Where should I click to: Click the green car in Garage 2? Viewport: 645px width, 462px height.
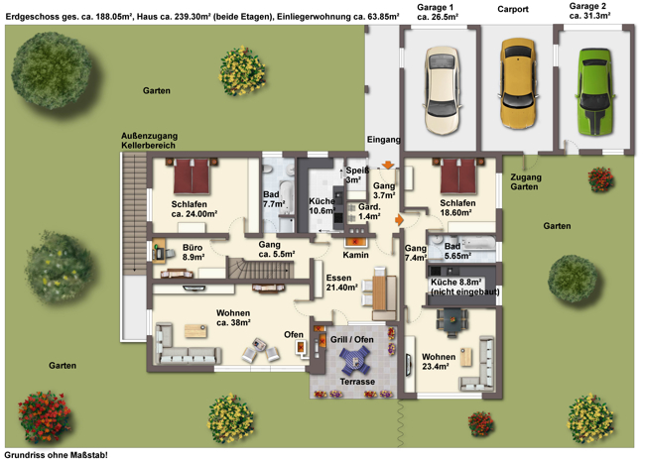[594, 91]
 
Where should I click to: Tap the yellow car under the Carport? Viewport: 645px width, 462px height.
[518, 83]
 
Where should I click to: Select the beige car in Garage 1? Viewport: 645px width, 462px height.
[443, 90]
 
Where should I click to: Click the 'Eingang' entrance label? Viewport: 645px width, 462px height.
[383, 140]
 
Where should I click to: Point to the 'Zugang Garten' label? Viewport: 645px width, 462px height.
[526, 181]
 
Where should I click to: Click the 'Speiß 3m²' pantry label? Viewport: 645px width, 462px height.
[356, 175]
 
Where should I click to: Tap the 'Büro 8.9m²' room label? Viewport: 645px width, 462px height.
[193, 253]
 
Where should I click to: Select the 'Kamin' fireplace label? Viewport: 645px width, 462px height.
[355, 255]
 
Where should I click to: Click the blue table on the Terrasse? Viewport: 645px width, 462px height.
[354, 360]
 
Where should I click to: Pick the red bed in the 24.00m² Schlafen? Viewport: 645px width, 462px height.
[192, 175]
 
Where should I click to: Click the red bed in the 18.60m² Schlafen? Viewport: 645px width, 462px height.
[458, 175]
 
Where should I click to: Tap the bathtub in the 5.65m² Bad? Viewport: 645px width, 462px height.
[478, 242]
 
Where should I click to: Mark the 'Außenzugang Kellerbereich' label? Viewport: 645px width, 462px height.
[149, 141]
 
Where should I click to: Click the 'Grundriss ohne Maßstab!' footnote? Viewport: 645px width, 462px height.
[57, 455]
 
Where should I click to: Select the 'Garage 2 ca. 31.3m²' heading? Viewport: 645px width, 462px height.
[589, 11]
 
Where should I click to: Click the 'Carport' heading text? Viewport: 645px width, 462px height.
[513, 9]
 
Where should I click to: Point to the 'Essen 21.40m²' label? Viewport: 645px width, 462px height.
[341, 283]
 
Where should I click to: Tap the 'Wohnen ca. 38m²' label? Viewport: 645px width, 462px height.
[233, 318]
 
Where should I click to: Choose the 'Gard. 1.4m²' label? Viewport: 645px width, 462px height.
[369, 212]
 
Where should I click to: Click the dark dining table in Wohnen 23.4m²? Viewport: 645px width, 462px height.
[452, 320]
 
